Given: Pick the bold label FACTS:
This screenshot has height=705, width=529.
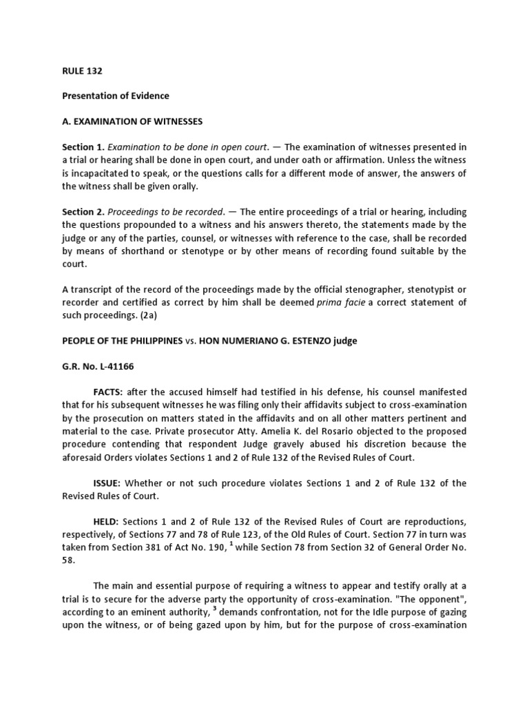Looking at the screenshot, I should (x=108, y=392).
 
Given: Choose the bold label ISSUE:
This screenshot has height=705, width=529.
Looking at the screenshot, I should (x=107, y=483).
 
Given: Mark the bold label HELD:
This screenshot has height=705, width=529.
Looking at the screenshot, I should (x=107, y=522).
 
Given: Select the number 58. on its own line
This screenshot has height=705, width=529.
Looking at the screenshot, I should (x=70, y=560).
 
